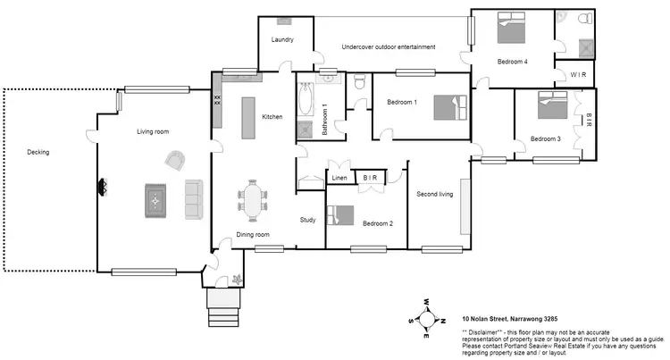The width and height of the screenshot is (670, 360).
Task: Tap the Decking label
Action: [x=38, y=152]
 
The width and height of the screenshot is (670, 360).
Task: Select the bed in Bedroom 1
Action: [x=450, y=106]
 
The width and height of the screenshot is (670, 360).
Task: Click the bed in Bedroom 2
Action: [x=340, y=215]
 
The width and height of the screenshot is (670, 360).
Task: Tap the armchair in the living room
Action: [x=176, y=160]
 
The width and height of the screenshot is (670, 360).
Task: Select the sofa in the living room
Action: [x=194, y=199]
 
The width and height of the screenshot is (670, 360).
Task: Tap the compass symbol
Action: [x=427, y=319]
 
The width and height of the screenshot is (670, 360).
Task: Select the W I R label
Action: [x=578, y=75]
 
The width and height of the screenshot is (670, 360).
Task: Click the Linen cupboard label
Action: [x=339, y=179]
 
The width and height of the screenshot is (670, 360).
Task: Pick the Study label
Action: [x=308, y=219]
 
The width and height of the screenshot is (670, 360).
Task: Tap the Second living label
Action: [x=435, y=194]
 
